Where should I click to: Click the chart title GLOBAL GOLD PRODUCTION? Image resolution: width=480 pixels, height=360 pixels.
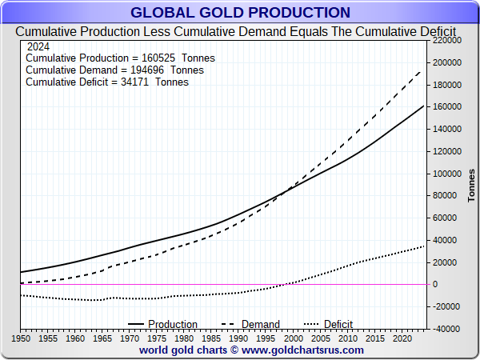[x=240, y=13]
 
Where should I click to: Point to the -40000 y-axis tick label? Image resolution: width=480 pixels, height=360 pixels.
[x=446, y=329]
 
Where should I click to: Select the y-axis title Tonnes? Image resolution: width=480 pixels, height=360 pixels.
[x=471, y=185]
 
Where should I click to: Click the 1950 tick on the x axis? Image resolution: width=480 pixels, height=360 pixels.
[x=21, y=338]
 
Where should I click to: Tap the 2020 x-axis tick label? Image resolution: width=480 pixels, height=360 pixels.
[x=402, y=338]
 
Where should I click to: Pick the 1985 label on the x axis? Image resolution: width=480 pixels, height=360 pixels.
[x=211, y=338]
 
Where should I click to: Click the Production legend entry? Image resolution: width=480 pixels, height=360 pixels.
[x=173, y=324]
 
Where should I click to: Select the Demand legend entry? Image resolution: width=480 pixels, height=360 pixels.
[x=261, y=324]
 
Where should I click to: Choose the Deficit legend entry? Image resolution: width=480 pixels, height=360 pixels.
[x=338, y=324]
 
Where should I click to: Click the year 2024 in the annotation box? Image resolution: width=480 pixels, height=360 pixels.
[x=39, y=46]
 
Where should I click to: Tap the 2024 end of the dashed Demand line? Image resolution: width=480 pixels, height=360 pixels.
[x=423, y=68]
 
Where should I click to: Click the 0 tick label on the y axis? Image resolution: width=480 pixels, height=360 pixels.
[x=434, y=284]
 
